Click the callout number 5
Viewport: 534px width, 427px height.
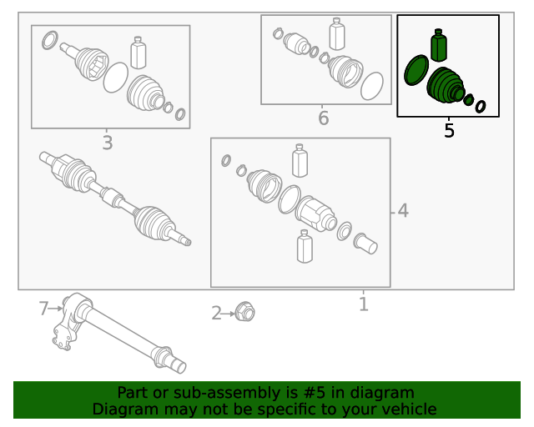coord(449,130)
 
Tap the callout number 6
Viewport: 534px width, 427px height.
coord(324,118)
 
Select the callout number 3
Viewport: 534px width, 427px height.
coord(108,143)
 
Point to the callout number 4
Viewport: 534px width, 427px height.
coord(403,211)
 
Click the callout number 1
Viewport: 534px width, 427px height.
coord(364,304)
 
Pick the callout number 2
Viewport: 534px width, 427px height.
coord(216,314)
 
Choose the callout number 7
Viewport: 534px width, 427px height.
coord(43,309)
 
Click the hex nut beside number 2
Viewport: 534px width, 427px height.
coord(245,311)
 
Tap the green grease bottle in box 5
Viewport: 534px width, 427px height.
coord(439,45)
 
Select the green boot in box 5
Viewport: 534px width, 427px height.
coord(446,86)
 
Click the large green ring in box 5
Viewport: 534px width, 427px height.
coord(416,70)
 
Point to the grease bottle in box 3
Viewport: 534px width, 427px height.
coord(139,53)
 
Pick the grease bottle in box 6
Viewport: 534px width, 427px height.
coord(337,34)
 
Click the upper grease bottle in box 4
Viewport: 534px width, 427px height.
coord(300,160)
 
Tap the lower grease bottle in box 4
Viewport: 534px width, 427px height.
coord(305,246)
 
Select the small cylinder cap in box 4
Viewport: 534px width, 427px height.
coord(365,244)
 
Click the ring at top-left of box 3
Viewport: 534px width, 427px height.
coord(50,40)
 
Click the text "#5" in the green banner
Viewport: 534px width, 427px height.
coord(314,393)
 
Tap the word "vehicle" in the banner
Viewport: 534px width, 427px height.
coord(412,409)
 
